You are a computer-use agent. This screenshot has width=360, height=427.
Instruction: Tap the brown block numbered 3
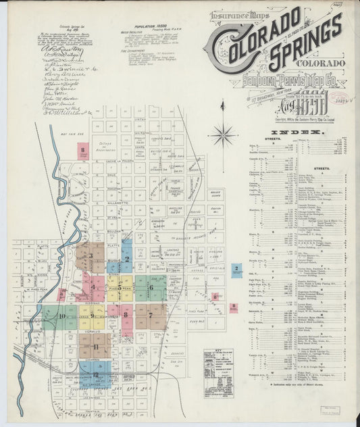coord(89,257)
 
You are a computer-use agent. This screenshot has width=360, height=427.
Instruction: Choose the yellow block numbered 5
coord(120,287)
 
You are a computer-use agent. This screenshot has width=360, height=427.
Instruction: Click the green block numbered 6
coord(151,287)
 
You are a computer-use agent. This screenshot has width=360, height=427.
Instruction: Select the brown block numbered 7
coord(150,315)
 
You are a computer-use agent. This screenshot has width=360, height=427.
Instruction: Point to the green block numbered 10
coord(61,316)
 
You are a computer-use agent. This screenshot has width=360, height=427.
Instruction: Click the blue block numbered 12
coord(96,374)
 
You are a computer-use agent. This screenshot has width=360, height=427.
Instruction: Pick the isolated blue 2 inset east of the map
coord(236,270)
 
